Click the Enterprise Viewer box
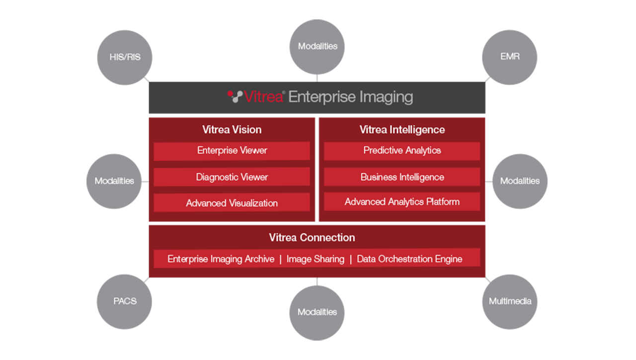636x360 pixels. (232, 150)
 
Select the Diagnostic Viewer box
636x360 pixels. (232, 177)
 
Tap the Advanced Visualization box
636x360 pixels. (232, 203)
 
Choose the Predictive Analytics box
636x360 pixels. (402, 150)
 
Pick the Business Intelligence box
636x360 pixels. (402, 177)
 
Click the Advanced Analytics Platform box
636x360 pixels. (402, 202)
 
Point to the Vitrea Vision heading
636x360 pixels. (232, 130)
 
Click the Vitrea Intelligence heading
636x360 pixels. (402, 130)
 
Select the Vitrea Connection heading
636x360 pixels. (312, 237)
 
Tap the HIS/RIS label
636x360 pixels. (125, 57)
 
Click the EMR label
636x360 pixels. (510, 57)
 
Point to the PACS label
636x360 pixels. (125, 301)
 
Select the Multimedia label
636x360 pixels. (510, 301)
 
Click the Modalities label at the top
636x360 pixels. (318, 46)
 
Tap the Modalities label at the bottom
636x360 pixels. (317, 312)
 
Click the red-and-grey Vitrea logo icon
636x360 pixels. (235, 96)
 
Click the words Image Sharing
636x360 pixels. (315, 259)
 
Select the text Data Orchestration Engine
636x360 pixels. (409, 259)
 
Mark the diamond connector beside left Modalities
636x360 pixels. (145, 182)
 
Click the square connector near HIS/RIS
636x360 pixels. (147, 80)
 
